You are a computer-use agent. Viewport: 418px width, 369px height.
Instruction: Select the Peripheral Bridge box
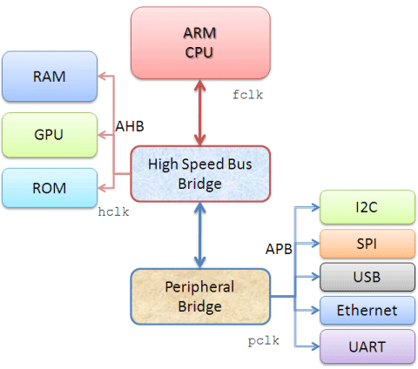201,296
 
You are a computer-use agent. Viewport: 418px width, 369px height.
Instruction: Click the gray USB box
365,277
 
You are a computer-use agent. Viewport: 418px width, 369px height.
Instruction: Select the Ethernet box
365,311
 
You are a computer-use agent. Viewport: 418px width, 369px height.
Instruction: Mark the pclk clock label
260,339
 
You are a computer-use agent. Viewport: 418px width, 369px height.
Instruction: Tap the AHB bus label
131,127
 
